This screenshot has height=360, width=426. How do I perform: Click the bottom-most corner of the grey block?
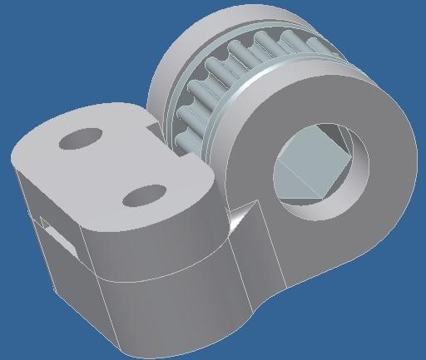[126, 347]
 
